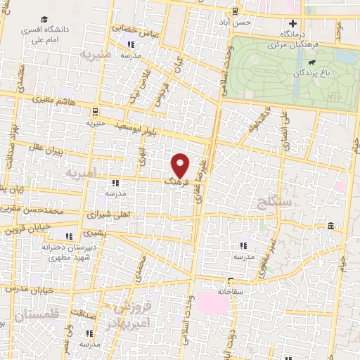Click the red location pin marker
181,166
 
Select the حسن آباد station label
252,22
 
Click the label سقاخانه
231,290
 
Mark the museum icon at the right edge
330,225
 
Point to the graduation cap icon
45,19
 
